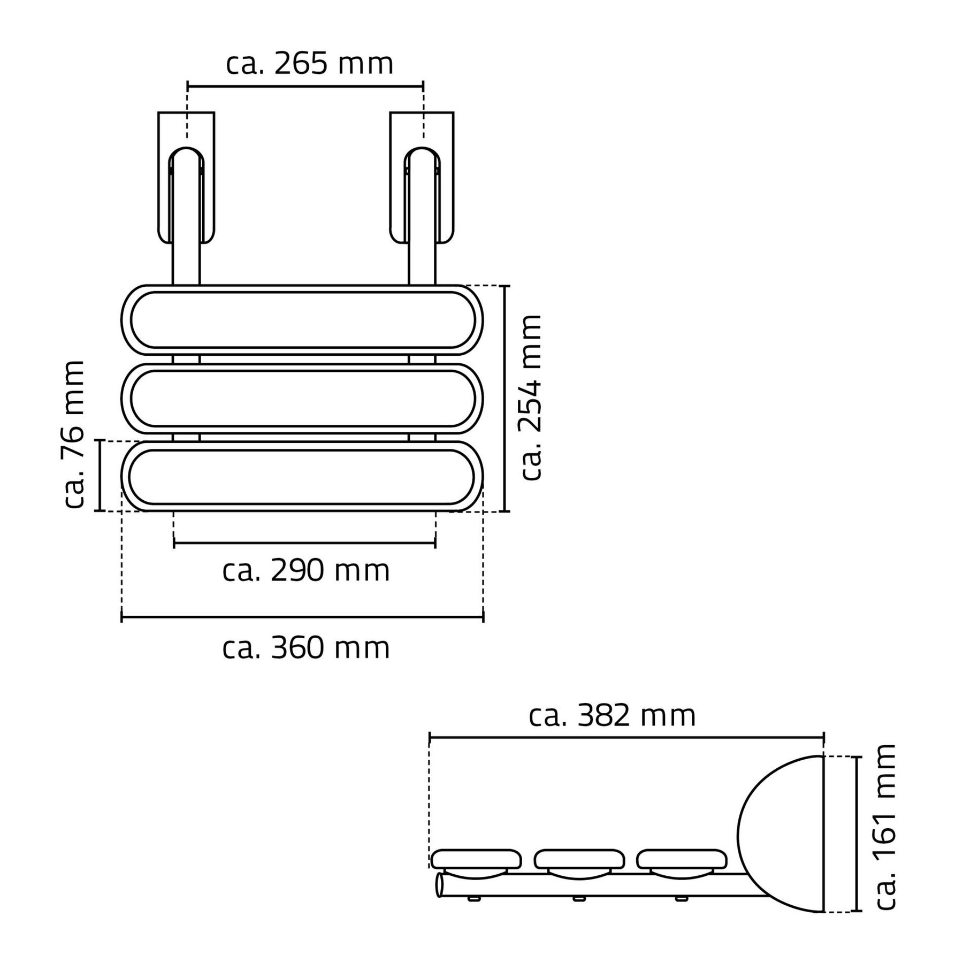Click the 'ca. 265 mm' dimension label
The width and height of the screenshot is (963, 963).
point(310,64)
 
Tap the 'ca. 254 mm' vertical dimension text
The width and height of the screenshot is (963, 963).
point(531,398)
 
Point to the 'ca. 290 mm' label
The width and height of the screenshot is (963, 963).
point(306,571)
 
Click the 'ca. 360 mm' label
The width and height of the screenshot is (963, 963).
point(306,648)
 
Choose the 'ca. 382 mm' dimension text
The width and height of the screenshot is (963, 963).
point(612,715)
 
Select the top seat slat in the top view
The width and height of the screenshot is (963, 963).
point(302,320)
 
